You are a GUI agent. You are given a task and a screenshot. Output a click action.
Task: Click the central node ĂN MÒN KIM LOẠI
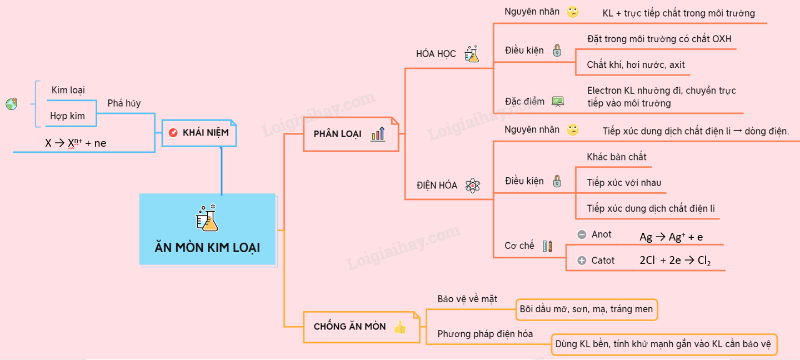click(x=207, y=229)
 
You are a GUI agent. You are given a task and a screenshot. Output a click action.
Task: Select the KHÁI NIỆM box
click(x=199, y=133)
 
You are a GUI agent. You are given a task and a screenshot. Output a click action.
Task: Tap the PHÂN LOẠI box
click(x=351, y=134)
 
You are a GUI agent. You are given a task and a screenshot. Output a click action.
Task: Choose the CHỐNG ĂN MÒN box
click(x=361, y=327)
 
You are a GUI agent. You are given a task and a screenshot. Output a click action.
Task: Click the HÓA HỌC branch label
click(x=436, y=54)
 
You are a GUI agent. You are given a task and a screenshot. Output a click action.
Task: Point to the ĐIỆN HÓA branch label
click(x=437, y=186)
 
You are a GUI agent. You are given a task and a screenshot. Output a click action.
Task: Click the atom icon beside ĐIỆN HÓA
click(x=472, y=186)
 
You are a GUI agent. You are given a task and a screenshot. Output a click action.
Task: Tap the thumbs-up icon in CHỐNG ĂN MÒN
click(x=399, y=327)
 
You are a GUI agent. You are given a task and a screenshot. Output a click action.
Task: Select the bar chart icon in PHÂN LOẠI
click(x=378, y=134)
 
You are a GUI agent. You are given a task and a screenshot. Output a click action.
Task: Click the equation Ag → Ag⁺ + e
click(x=671, y=237)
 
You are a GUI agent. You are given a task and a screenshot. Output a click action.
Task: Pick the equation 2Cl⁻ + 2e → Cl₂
click(x=675, y=261)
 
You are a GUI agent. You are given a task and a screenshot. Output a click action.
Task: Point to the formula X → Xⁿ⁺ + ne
click(x=76, y=143)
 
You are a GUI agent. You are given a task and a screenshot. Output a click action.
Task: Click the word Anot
click(x=601, y=234)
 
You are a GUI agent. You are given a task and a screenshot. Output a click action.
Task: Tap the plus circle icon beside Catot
click(x=582, y=261)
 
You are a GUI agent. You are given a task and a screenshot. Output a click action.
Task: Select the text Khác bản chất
click(x=617, y=157)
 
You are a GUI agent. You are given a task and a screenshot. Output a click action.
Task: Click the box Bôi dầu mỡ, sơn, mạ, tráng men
click(x=587, y=309)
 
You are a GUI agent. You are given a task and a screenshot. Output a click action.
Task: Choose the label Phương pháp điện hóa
click(x=485, y=334)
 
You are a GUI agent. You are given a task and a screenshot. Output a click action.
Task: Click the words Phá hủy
click(x=124, y=103)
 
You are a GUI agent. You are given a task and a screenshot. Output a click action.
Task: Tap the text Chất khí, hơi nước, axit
click(x=636, y=65)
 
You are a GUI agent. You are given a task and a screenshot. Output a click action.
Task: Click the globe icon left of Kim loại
click(x=12, y=104)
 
